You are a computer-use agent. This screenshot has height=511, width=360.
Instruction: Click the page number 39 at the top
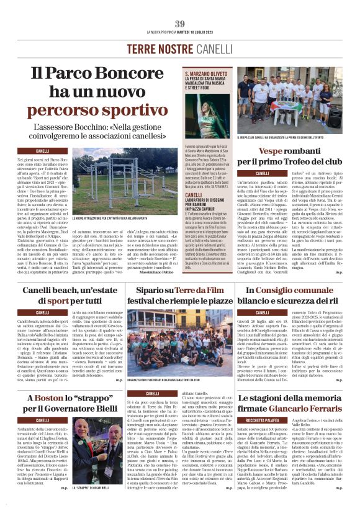click(180, 24)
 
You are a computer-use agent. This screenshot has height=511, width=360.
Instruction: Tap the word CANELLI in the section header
click(215, 49)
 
